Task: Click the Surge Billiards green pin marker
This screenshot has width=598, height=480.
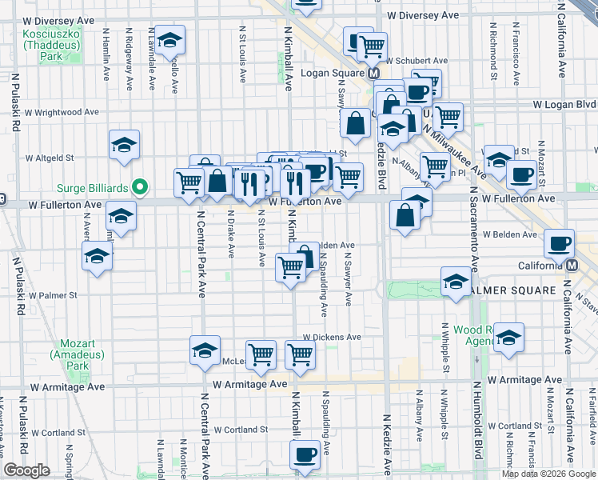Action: coord(141,188)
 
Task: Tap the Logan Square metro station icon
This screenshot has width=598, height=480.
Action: coord(373,73)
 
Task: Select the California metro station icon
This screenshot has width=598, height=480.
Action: coord(572,266)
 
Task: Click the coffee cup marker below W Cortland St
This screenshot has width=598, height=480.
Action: coord(303,454)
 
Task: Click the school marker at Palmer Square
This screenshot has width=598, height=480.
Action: coord(456,282)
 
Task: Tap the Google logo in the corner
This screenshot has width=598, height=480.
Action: coord(26,470)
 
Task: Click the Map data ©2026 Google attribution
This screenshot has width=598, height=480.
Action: coord(548,474)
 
